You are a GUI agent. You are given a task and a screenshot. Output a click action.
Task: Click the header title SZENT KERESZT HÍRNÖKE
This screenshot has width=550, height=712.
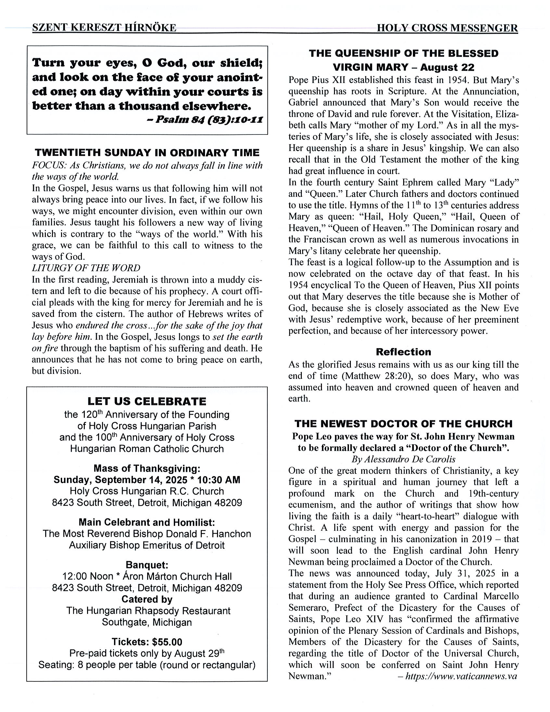point(104,28)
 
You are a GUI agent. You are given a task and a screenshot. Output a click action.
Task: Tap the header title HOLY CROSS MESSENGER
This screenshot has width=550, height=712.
point(447,28)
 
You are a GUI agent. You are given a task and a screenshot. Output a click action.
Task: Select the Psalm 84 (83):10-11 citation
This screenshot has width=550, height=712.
point(209,120)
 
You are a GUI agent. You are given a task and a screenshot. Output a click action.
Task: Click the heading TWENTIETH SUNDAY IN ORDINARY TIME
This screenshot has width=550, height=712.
point(147,153)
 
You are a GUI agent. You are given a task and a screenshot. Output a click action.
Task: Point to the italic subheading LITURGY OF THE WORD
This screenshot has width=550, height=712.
point(86,268)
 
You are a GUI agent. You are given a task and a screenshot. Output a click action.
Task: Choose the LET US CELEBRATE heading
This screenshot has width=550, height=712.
point(147,401)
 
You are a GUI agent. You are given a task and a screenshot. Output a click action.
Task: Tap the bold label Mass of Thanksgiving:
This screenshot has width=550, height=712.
point(147,468)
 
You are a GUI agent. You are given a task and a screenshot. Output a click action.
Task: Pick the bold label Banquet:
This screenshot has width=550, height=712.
point(147,565)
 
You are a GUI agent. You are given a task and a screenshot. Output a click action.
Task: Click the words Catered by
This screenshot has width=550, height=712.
point(147,599)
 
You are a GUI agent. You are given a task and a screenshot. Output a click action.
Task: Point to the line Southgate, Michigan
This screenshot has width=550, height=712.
point(147,622)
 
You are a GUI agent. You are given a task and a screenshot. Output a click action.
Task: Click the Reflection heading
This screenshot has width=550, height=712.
point(403,352)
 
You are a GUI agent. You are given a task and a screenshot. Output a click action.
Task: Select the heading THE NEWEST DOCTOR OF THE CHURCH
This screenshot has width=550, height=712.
point(403,424)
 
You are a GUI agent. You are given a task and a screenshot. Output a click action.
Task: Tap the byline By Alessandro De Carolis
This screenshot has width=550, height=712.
point(403,459)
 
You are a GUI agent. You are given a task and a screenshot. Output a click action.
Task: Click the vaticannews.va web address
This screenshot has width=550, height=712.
point(461,676)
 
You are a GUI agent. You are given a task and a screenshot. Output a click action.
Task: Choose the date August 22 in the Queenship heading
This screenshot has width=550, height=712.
point(447,67)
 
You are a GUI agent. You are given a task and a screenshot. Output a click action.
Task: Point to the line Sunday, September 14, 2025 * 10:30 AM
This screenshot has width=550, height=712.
point(147,480)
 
